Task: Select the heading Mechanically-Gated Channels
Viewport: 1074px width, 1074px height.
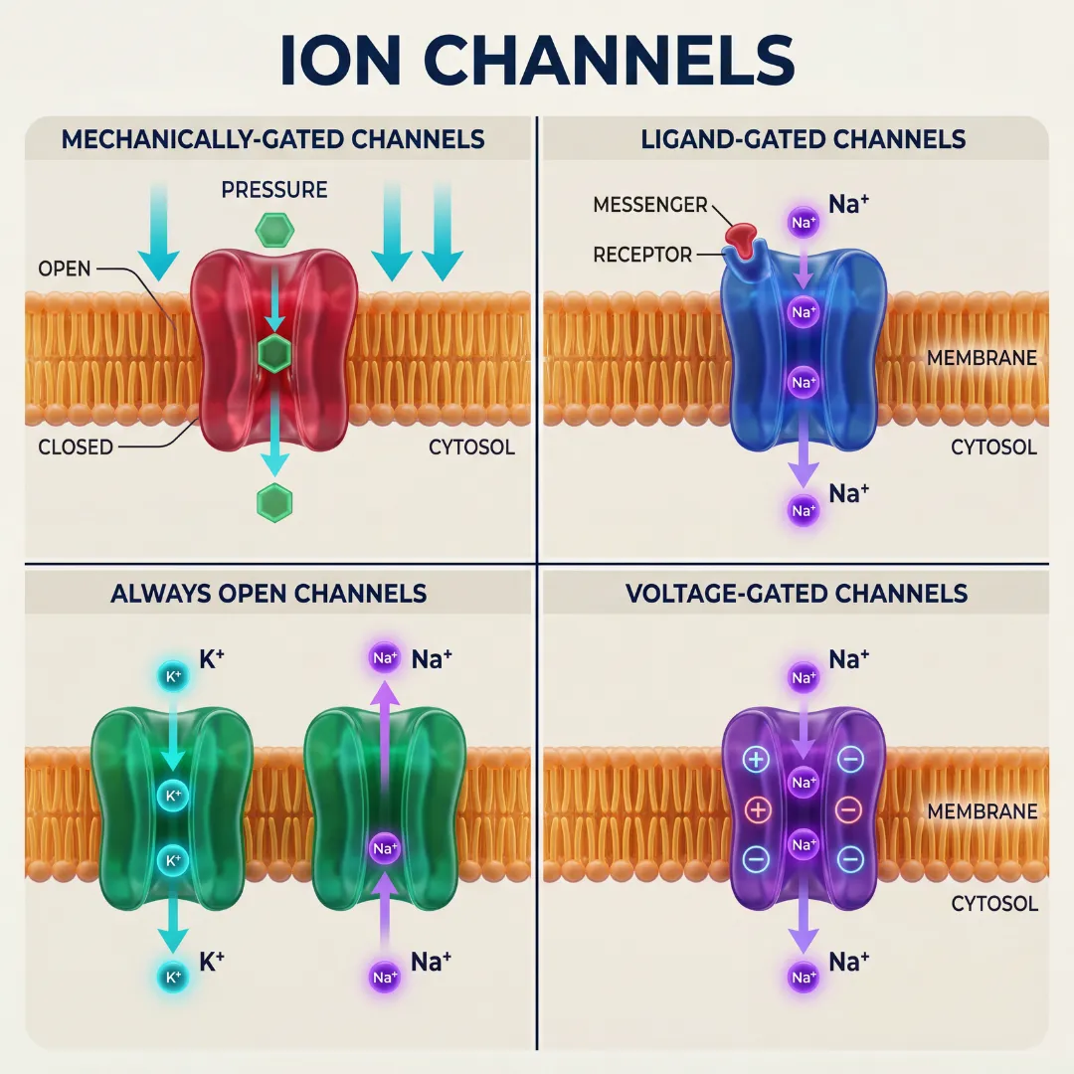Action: coord(273,138)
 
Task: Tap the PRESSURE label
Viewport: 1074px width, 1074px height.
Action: coord(274,189)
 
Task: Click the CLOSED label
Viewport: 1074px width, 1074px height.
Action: coord(76,447)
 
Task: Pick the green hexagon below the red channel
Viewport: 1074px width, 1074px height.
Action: coord(274,502)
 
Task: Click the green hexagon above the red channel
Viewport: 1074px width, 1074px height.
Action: coord(274,232)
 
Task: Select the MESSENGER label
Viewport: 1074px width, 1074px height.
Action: coord(650,205)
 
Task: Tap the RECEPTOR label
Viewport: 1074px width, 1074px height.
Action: coord(642,255)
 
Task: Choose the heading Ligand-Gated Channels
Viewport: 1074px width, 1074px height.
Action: coord(803,138)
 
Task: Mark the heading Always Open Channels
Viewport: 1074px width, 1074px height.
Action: coord(268,594)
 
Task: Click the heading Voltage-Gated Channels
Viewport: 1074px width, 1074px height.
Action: coord(797,594)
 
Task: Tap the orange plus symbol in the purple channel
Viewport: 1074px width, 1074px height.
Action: coord(758,809)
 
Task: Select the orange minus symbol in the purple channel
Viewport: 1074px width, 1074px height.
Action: coord(848,809)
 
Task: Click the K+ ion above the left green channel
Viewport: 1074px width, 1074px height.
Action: coord(172,677)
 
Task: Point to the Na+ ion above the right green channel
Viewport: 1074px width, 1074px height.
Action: coord(385,658)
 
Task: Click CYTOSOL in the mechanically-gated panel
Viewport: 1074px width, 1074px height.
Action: coord(471,447)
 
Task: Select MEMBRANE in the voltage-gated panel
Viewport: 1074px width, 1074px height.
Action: coord(982,811)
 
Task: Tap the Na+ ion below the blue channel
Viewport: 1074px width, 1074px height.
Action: coord(803,511)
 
